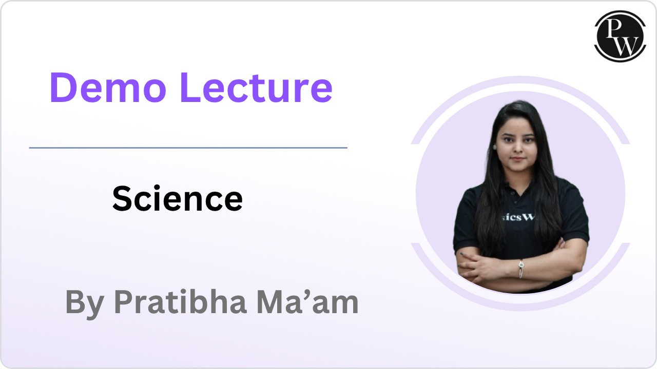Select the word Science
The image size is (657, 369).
pyautogui.click(x=177, y=198)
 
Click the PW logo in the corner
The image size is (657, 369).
pyautogui.click(x=620, y=36)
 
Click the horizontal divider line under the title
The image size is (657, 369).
pyautogui.click(x=188, y=148)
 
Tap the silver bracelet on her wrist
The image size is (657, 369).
pyautogui.click(x=521, y=268)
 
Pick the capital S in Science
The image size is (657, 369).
pyautogui.click(x=122, y=198)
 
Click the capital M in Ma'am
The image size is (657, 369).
pyautogui.click(x=272, y=302)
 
